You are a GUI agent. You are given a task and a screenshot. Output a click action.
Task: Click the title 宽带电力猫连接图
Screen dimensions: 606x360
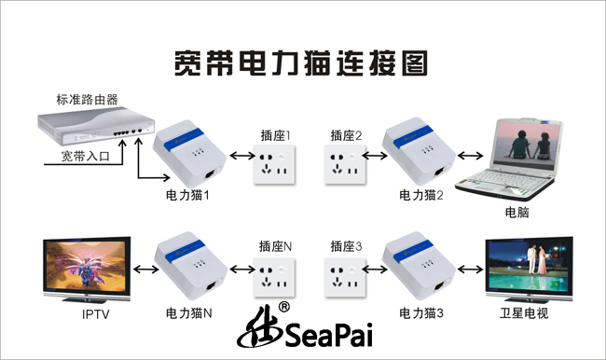[301, 63]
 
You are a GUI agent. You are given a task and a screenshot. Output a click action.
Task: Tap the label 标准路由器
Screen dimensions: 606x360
[87, 100]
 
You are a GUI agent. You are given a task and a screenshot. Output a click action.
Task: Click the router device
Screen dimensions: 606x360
[96, 126]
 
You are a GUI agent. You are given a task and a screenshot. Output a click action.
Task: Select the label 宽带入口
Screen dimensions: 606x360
[86, 157]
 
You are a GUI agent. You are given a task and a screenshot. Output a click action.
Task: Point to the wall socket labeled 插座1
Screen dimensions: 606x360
[274, 164]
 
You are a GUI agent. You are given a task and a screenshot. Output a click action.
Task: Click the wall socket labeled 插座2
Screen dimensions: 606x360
[345, 164]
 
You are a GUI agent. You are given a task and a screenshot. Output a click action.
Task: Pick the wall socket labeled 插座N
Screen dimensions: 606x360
[274, 278]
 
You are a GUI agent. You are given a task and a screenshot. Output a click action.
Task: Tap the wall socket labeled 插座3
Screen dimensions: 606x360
[345, 278]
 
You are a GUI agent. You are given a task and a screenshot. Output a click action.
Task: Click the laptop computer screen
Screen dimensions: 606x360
[526, 145]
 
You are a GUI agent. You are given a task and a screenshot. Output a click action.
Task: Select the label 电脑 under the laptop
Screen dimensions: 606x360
[516, 213]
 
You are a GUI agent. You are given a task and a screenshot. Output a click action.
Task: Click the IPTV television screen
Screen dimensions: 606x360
[86, 266]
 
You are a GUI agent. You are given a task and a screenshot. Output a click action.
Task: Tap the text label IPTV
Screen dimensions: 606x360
[96, 314]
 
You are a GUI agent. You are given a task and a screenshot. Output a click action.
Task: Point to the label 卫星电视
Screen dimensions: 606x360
[524, 313]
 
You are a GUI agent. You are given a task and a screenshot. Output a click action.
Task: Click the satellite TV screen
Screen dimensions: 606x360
[530, 266]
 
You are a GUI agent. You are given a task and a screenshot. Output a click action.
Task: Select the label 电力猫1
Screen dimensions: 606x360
[187, 195]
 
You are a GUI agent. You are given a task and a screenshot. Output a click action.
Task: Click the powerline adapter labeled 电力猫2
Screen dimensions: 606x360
[419, 152]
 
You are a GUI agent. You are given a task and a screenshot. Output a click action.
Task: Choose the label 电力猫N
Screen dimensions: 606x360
[189, 312]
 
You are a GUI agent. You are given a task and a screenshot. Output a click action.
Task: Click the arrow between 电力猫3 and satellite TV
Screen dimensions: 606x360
[470, 270]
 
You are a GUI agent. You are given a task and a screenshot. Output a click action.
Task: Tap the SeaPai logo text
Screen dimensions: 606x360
[329, 335]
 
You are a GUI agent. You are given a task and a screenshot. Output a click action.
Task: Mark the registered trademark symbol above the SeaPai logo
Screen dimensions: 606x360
[284, 307]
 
